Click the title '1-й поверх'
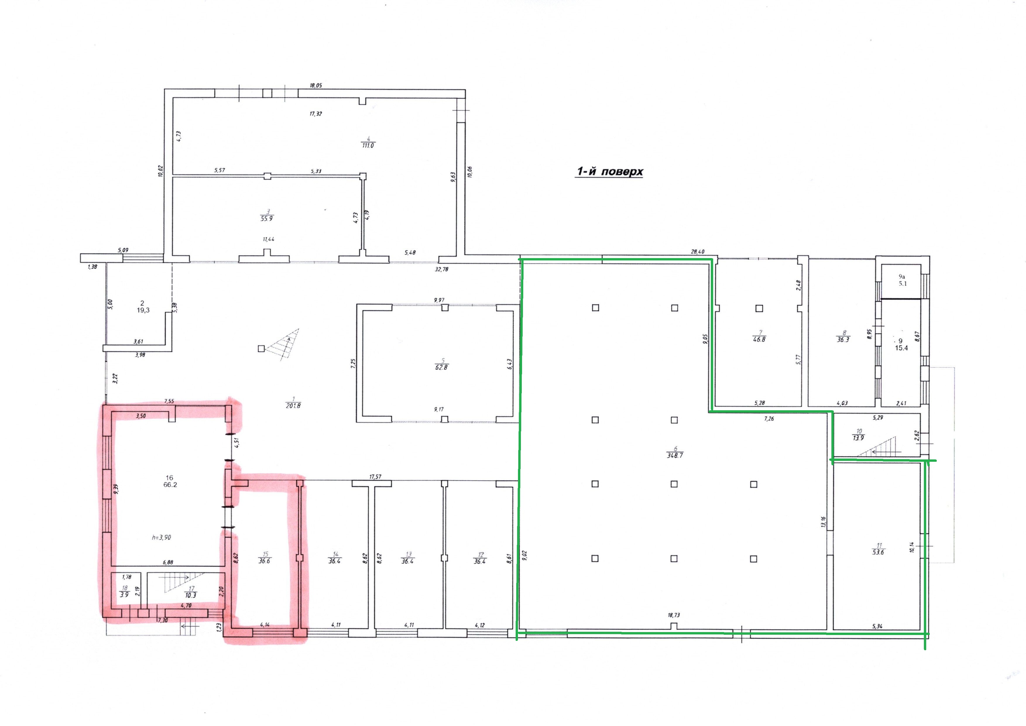tap(609, 172)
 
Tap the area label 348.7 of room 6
tap(675, 455)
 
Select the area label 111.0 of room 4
tap(368, 145)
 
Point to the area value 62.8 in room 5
tap(441, 367)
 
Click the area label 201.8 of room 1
tap(293, 406)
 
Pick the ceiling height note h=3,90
tap(161, 537)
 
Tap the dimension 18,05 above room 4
tap(316, 85)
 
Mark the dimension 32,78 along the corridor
tap(441, 269)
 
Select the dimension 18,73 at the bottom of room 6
tap(674, 615)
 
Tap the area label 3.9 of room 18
tap(124, 595)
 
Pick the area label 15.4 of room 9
tap(901, 348)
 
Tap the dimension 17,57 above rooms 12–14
tap(375, 477)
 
